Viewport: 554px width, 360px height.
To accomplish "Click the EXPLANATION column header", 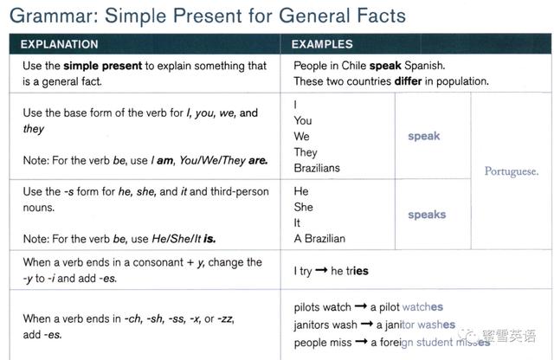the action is tap(60, 44).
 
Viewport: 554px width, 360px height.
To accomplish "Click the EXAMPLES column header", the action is tap(322, 44).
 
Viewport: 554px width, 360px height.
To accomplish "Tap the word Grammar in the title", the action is tap(54, 16).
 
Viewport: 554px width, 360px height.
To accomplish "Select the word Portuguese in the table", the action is tap(512, 171).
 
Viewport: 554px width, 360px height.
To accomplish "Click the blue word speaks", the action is tap(427, 215).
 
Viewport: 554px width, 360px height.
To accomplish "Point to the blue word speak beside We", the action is tap(424, 137).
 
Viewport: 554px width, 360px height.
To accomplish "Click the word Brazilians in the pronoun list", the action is tap(317, 168).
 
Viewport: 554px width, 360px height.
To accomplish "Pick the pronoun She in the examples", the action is tap(304, 207).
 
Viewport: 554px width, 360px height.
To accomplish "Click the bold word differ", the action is tap(408, 81).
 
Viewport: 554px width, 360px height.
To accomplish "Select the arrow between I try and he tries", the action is tap(321, 270).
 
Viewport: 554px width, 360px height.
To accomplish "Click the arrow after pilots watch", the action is tap(361, 306).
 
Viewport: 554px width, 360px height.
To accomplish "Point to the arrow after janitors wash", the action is tap(367, 324).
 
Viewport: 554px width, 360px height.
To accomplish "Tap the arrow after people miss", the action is tap(362, 341).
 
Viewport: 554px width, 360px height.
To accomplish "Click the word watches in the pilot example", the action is tap(422, 307).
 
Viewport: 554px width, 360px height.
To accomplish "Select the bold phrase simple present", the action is tap(103, 66).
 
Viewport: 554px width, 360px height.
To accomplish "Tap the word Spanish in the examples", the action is tap(425, 66).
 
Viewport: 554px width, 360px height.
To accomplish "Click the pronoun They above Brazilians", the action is tap(306, 152).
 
